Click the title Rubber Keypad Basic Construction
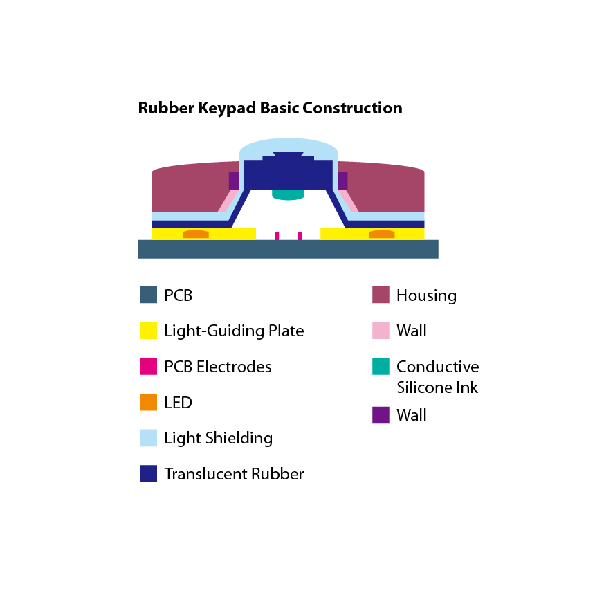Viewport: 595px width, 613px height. tap(270, 109)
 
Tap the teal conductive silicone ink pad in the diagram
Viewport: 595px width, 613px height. tap(288, 194)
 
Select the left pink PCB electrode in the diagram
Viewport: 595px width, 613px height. tap(277, 236)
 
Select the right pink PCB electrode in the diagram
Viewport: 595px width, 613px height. tap(300, 236)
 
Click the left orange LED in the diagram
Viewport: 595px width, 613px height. tap(196, 234)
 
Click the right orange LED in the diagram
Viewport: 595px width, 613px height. tap(381, 234)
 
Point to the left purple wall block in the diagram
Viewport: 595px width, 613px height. tap(234, 181)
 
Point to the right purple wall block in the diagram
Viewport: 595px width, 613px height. tap(342, 181)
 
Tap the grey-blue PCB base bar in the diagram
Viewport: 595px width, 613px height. tap(288, 249)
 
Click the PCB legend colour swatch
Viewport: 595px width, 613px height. tap(149, 295)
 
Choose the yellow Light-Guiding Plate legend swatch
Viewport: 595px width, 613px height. tap(149, 330)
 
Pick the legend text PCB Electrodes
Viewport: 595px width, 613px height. tap(218, 367)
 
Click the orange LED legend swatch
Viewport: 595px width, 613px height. tap(149, 402)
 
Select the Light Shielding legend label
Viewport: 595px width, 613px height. tap(219, 438)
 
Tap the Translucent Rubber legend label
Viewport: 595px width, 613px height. tap(234, 474)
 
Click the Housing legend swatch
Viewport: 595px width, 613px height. tap(381, 295)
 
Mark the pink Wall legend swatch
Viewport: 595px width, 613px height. tap(381, 330)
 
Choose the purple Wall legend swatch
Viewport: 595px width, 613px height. tap(381, 415)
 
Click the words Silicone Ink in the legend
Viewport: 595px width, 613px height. tap(437, 387)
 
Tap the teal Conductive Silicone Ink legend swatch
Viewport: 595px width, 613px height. tap(381, 366)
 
